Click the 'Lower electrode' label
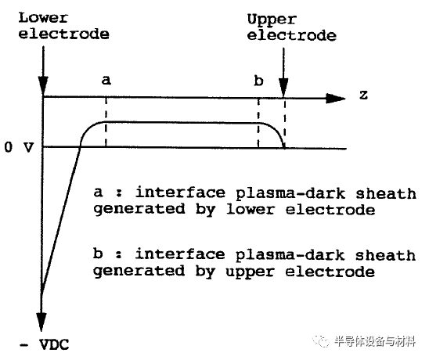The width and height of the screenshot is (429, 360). coord(64,27)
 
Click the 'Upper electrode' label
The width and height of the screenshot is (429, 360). coord(292,27)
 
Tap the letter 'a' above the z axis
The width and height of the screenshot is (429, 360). coord(106,80)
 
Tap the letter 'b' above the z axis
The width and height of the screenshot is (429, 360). coord(258,81)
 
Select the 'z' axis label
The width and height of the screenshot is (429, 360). coord(363,95)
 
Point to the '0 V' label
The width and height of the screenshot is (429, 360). coord(19,147)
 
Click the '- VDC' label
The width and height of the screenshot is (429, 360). coord(45,344)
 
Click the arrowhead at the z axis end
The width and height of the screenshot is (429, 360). coord(336,98)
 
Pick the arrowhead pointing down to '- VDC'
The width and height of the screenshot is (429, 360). coord(41,322)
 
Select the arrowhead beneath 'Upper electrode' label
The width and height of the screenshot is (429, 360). coord(283,88)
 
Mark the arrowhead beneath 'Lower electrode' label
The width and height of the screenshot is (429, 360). coord(43,85)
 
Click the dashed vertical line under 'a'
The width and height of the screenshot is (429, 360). coord(106,122)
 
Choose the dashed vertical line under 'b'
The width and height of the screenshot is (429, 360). coord(258,123)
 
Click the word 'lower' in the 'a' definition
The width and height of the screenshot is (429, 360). coord(250,210)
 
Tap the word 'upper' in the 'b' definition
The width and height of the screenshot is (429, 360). coord(250,272)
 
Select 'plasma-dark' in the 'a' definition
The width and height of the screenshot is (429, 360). coord(290,193)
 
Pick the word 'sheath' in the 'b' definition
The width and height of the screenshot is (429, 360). coord(386,256)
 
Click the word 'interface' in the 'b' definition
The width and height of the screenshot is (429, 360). coord(180,254)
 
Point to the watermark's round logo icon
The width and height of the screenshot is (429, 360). coord(322,340)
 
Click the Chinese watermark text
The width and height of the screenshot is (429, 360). coord(375,341)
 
